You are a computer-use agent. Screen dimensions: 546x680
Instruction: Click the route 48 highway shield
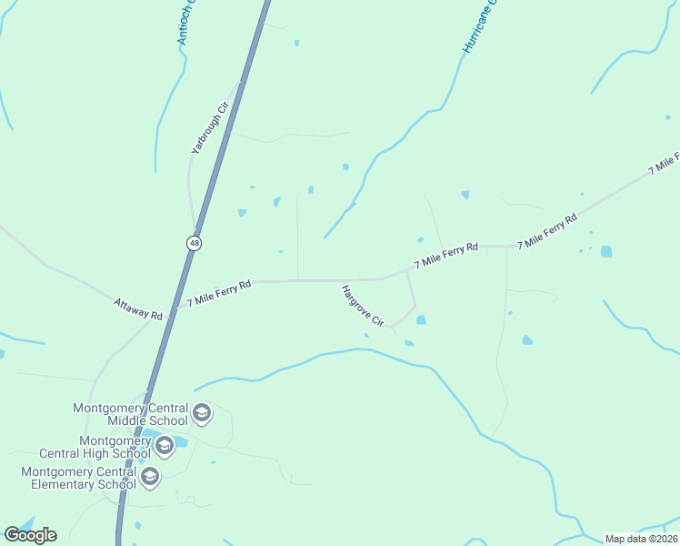point(195,243)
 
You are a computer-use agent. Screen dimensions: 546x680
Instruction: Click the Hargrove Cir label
point(363,307)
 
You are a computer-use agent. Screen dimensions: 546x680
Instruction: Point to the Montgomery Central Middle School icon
point(202,414)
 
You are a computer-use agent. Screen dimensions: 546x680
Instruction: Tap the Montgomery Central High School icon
point(165,446)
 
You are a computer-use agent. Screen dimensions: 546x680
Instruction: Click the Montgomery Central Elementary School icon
point(150,476)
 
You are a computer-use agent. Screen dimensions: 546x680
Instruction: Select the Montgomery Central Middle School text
point(130,414)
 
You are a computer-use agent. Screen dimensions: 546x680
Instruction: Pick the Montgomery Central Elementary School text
point(77,478)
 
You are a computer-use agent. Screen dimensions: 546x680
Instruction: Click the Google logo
point(30,535)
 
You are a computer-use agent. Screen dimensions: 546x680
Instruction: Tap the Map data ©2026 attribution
point(641,539)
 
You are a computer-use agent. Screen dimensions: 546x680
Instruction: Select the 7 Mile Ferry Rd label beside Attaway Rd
point(218,294)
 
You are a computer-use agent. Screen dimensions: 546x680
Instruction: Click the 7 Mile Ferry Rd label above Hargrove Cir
point(445,255)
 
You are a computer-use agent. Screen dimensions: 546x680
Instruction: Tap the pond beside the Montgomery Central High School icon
point(181,442)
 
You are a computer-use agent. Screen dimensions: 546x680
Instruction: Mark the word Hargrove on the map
point(355,300)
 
